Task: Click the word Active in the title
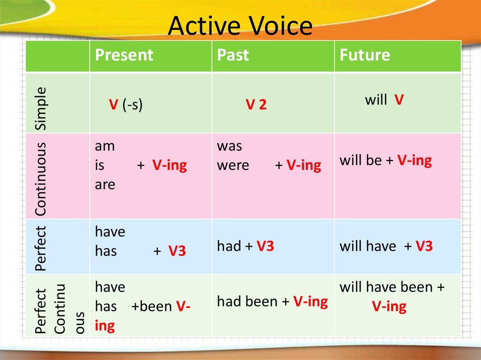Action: point(204,26)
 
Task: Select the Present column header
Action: point(124,55)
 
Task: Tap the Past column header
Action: point(233,55)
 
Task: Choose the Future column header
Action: point(365,55)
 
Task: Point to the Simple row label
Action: point(40,108)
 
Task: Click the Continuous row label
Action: point(40,179)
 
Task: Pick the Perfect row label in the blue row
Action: point(40,249)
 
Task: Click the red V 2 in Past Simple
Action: point(256,105)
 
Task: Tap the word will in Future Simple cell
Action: point(376,100)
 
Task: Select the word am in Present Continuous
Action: point(105,146)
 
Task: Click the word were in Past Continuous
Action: point(233,166)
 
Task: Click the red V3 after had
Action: point(265,246)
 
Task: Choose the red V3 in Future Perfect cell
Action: point(424,246)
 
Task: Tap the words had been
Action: point(247,301)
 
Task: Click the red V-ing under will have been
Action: point(389,306)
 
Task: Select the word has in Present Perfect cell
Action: point(106,251)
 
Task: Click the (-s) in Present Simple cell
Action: point(132,105)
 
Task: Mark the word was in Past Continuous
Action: point(229,146)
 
